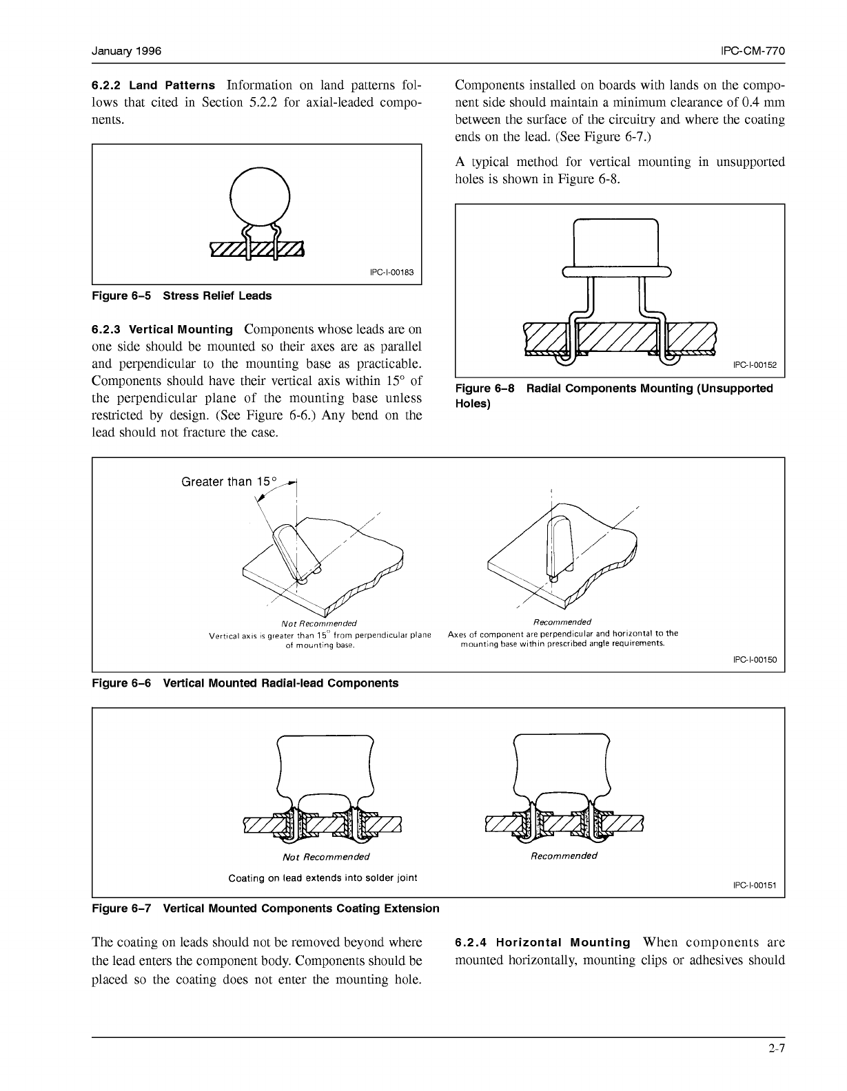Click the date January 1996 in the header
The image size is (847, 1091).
pos(127,51)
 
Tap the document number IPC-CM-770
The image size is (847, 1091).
pos(753,51)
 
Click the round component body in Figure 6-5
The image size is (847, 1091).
pos(260,197)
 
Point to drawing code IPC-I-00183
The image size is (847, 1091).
pos(392,273)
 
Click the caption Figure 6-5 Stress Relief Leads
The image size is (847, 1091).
pos(182,295)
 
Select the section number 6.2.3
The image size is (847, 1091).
pos(106,330)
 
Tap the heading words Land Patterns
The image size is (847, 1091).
pos(172,85)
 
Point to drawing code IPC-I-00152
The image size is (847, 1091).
pos(755,365)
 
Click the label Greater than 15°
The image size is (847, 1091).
pos(229,482)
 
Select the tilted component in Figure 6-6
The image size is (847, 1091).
pos(296,552)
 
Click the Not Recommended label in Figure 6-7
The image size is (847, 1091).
pos(326,857)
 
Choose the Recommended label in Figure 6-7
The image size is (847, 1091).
pos(564,855)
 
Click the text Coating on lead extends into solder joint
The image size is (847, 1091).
pos(323,877)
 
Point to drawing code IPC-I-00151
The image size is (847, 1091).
pos(755,885)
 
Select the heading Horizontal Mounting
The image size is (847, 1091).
pos(563,942)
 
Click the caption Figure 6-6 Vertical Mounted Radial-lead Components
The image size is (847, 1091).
pos(245,683)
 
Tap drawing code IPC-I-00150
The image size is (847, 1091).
pos(755,660)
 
